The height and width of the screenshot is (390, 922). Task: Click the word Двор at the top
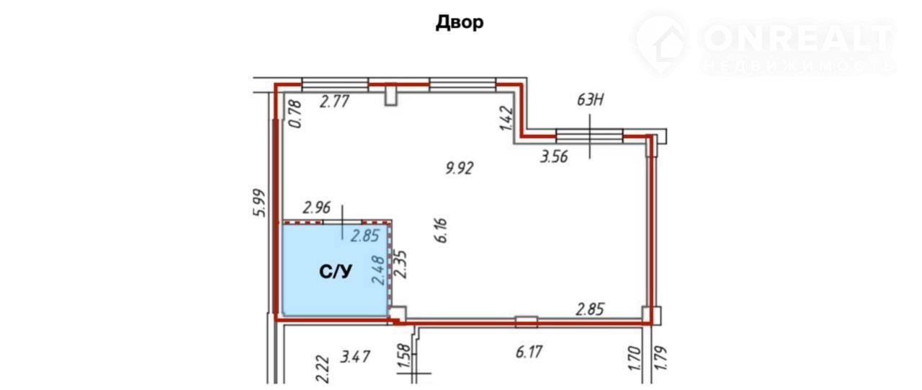point(460,22)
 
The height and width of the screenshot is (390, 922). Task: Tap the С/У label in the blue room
point(336,272)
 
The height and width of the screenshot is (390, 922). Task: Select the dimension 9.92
point(460,168)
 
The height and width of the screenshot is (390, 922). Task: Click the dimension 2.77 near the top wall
point(335,102)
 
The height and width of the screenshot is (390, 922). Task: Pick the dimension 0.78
point(295,114)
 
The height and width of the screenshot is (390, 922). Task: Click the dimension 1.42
point(506,119)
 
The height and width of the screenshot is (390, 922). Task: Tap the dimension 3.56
point(554,156)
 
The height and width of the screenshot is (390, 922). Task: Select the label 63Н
point(590,99)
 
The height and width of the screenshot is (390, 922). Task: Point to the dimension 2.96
point(316,208)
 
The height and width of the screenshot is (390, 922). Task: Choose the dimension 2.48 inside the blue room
point(378,270)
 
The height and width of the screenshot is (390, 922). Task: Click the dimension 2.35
point(400,265)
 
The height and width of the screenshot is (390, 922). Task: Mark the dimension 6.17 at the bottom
point(529,352)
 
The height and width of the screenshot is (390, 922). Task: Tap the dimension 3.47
point(355,357)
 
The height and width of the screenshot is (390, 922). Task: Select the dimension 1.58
point(405,356)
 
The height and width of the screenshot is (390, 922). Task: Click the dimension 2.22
point(323,369)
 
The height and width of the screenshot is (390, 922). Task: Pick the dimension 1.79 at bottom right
point(661,358)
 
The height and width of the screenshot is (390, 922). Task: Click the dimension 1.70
point(635,358)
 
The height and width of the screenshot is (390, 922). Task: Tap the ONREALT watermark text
point(799,39)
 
